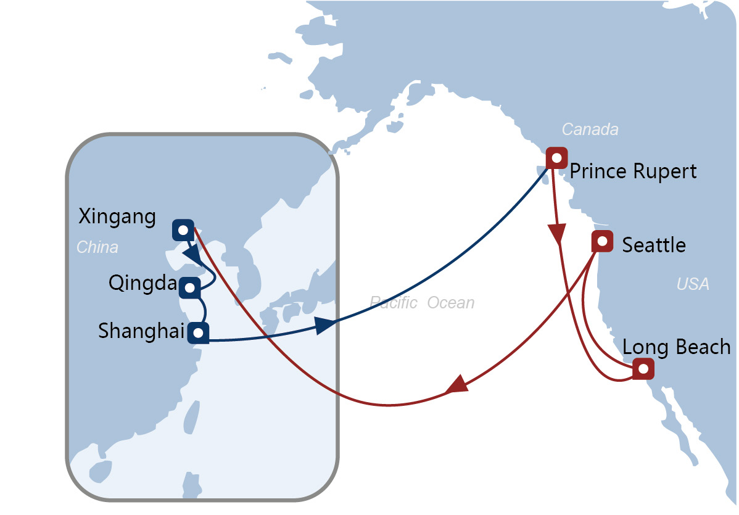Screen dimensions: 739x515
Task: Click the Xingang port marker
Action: click(183, 231)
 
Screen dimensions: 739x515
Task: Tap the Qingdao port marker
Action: click(190, 287)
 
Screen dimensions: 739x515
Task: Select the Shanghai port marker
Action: click(199, 332)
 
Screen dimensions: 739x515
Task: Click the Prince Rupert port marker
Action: click(556, 157)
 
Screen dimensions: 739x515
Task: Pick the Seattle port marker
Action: click(602, 241)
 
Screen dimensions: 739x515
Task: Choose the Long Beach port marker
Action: click(643, 368)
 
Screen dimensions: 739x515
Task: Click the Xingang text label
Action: click(117, 217)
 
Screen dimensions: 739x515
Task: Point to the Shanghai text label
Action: click(141, 331)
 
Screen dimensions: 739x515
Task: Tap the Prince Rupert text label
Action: click(633, 171)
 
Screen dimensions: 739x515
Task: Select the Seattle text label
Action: click(654, 245)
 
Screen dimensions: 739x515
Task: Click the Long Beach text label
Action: click(676, 347)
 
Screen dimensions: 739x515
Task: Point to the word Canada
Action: click(590, 129)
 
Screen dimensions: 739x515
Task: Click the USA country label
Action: click(693, 284)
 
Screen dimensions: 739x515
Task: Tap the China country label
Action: click(97, 247)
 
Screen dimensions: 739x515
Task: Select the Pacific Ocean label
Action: click(423, 302)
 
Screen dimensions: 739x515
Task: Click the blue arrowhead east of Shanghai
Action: click(325, 324)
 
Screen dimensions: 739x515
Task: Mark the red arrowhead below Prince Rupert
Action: click(557, 234)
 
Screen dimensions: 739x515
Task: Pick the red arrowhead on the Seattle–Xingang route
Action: click(456, 384)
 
